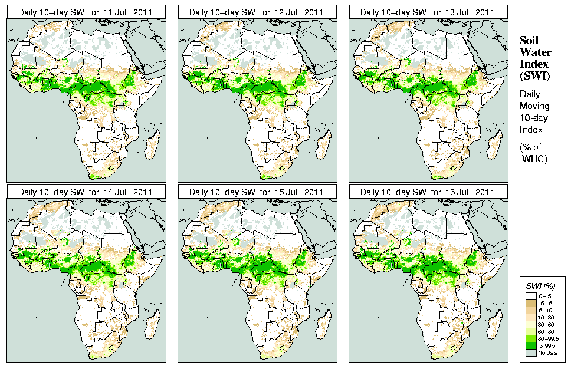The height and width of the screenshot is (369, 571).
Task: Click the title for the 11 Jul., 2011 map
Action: coord(86,12)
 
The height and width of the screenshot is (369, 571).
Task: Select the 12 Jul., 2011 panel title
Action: coord(257,12)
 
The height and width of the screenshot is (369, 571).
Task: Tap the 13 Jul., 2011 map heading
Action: coord(428,12)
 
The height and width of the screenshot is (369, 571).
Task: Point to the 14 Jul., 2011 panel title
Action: coord(86,192)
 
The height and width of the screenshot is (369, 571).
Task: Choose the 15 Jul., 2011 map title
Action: coord(257,192)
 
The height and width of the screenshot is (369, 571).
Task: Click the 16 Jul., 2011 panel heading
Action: coord(428,192)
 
